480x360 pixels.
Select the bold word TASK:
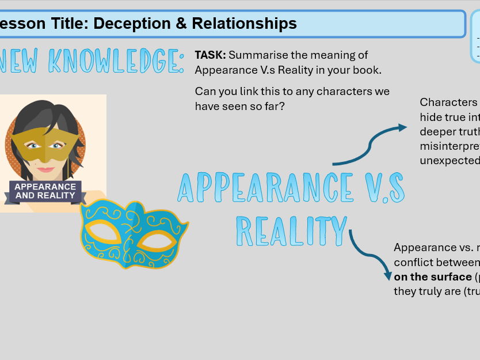210,55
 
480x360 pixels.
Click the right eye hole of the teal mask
157,238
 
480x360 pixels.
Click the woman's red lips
46,169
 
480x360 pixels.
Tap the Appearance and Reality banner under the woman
45,191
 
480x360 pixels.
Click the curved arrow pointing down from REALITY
368,253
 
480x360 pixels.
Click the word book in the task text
367,70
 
